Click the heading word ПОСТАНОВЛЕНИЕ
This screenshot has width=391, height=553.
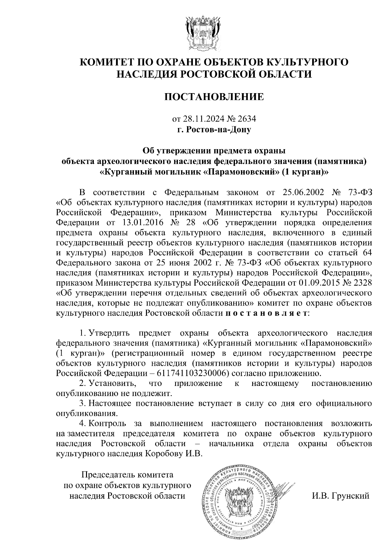click(x=214, y=97)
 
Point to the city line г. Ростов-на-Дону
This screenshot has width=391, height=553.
click(x=214, y=129)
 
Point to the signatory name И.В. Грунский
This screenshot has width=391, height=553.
click(x=340, y=496)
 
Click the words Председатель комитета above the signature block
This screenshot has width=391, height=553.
click(x=127, y=475)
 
